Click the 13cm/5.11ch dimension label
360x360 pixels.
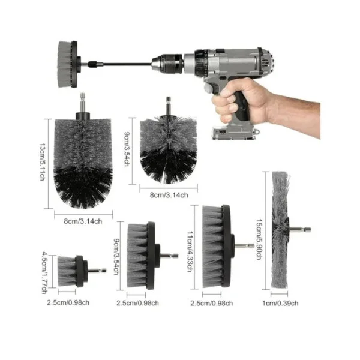click(x=43, y=162)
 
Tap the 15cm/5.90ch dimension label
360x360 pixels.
click(x=259, y=239)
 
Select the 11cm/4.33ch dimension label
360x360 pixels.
click(x=190, y=251)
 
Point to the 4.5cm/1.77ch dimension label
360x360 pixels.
click(x=44, y=273)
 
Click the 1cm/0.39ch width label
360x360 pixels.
click(x=280, y=303)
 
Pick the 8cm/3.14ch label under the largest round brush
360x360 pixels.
click(x=83, y=221)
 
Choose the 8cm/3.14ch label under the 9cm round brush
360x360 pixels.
click(x=169, y=195)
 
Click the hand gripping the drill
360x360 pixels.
click(x=264, y=103)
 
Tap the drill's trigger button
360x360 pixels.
click(x=209, y=88)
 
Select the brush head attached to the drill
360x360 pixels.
click(x=67, y=64)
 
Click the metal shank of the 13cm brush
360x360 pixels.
click(x=82, y=103)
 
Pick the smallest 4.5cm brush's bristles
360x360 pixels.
click(x=67, y=271)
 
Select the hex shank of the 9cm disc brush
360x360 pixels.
click(x=169, y=256)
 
